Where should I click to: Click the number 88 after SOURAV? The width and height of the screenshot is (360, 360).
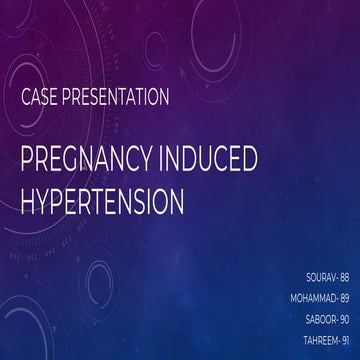[x=343, y=272]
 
